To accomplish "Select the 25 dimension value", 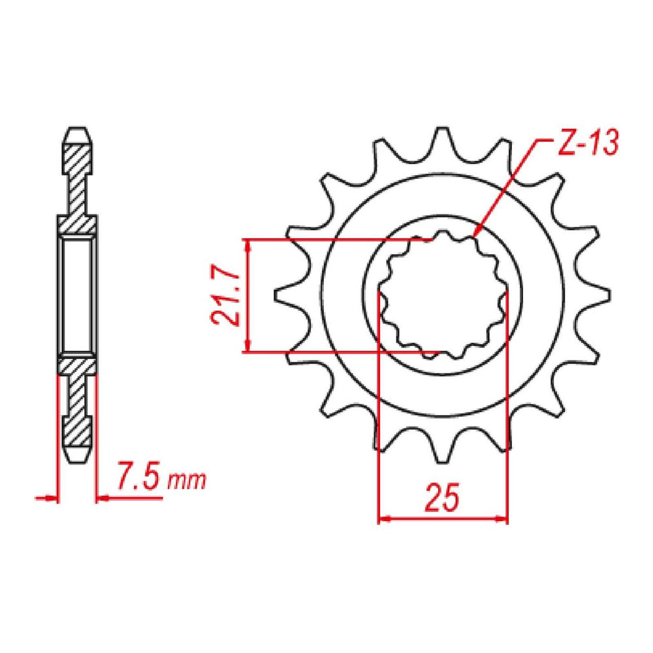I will (443, 498).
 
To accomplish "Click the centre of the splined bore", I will (443, 296).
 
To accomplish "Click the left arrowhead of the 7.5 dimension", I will (56, 498).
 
